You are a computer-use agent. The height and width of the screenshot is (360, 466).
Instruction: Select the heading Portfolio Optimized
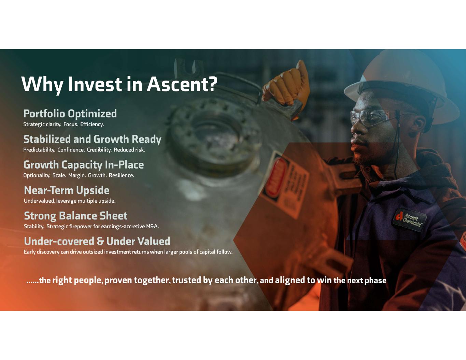(x=70, y=114)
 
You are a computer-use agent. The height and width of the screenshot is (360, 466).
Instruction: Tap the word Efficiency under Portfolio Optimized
(x=92, y=124)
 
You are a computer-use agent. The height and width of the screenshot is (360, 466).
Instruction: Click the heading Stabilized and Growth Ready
(x=93, y=139)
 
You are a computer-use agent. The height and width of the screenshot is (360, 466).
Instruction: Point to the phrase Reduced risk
(x=129, y=150)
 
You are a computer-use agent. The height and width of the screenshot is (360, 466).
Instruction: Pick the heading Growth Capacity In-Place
(x=84, y=165)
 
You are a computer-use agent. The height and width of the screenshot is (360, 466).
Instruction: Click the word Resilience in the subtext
(x=122, y=175)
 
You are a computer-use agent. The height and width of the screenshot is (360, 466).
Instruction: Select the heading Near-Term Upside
(x=67, y=190)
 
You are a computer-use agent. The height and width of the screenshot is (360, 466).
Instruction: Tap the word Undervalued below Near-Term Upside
(x=40, y=201)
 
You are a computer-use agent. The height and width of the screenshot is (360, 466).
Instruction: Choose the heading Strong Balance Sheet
(x=76, y=216)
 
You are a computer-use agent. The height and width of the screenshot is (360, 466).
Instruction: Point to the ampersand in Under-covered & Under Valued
(x=100, y=241)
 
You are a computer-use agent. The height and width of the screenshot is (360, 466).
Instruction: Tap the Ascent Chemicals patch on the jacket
(x=409, y=219)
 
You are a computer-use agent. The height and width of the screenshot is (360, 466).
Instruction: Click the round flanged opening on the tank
(x=214, y=137)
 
